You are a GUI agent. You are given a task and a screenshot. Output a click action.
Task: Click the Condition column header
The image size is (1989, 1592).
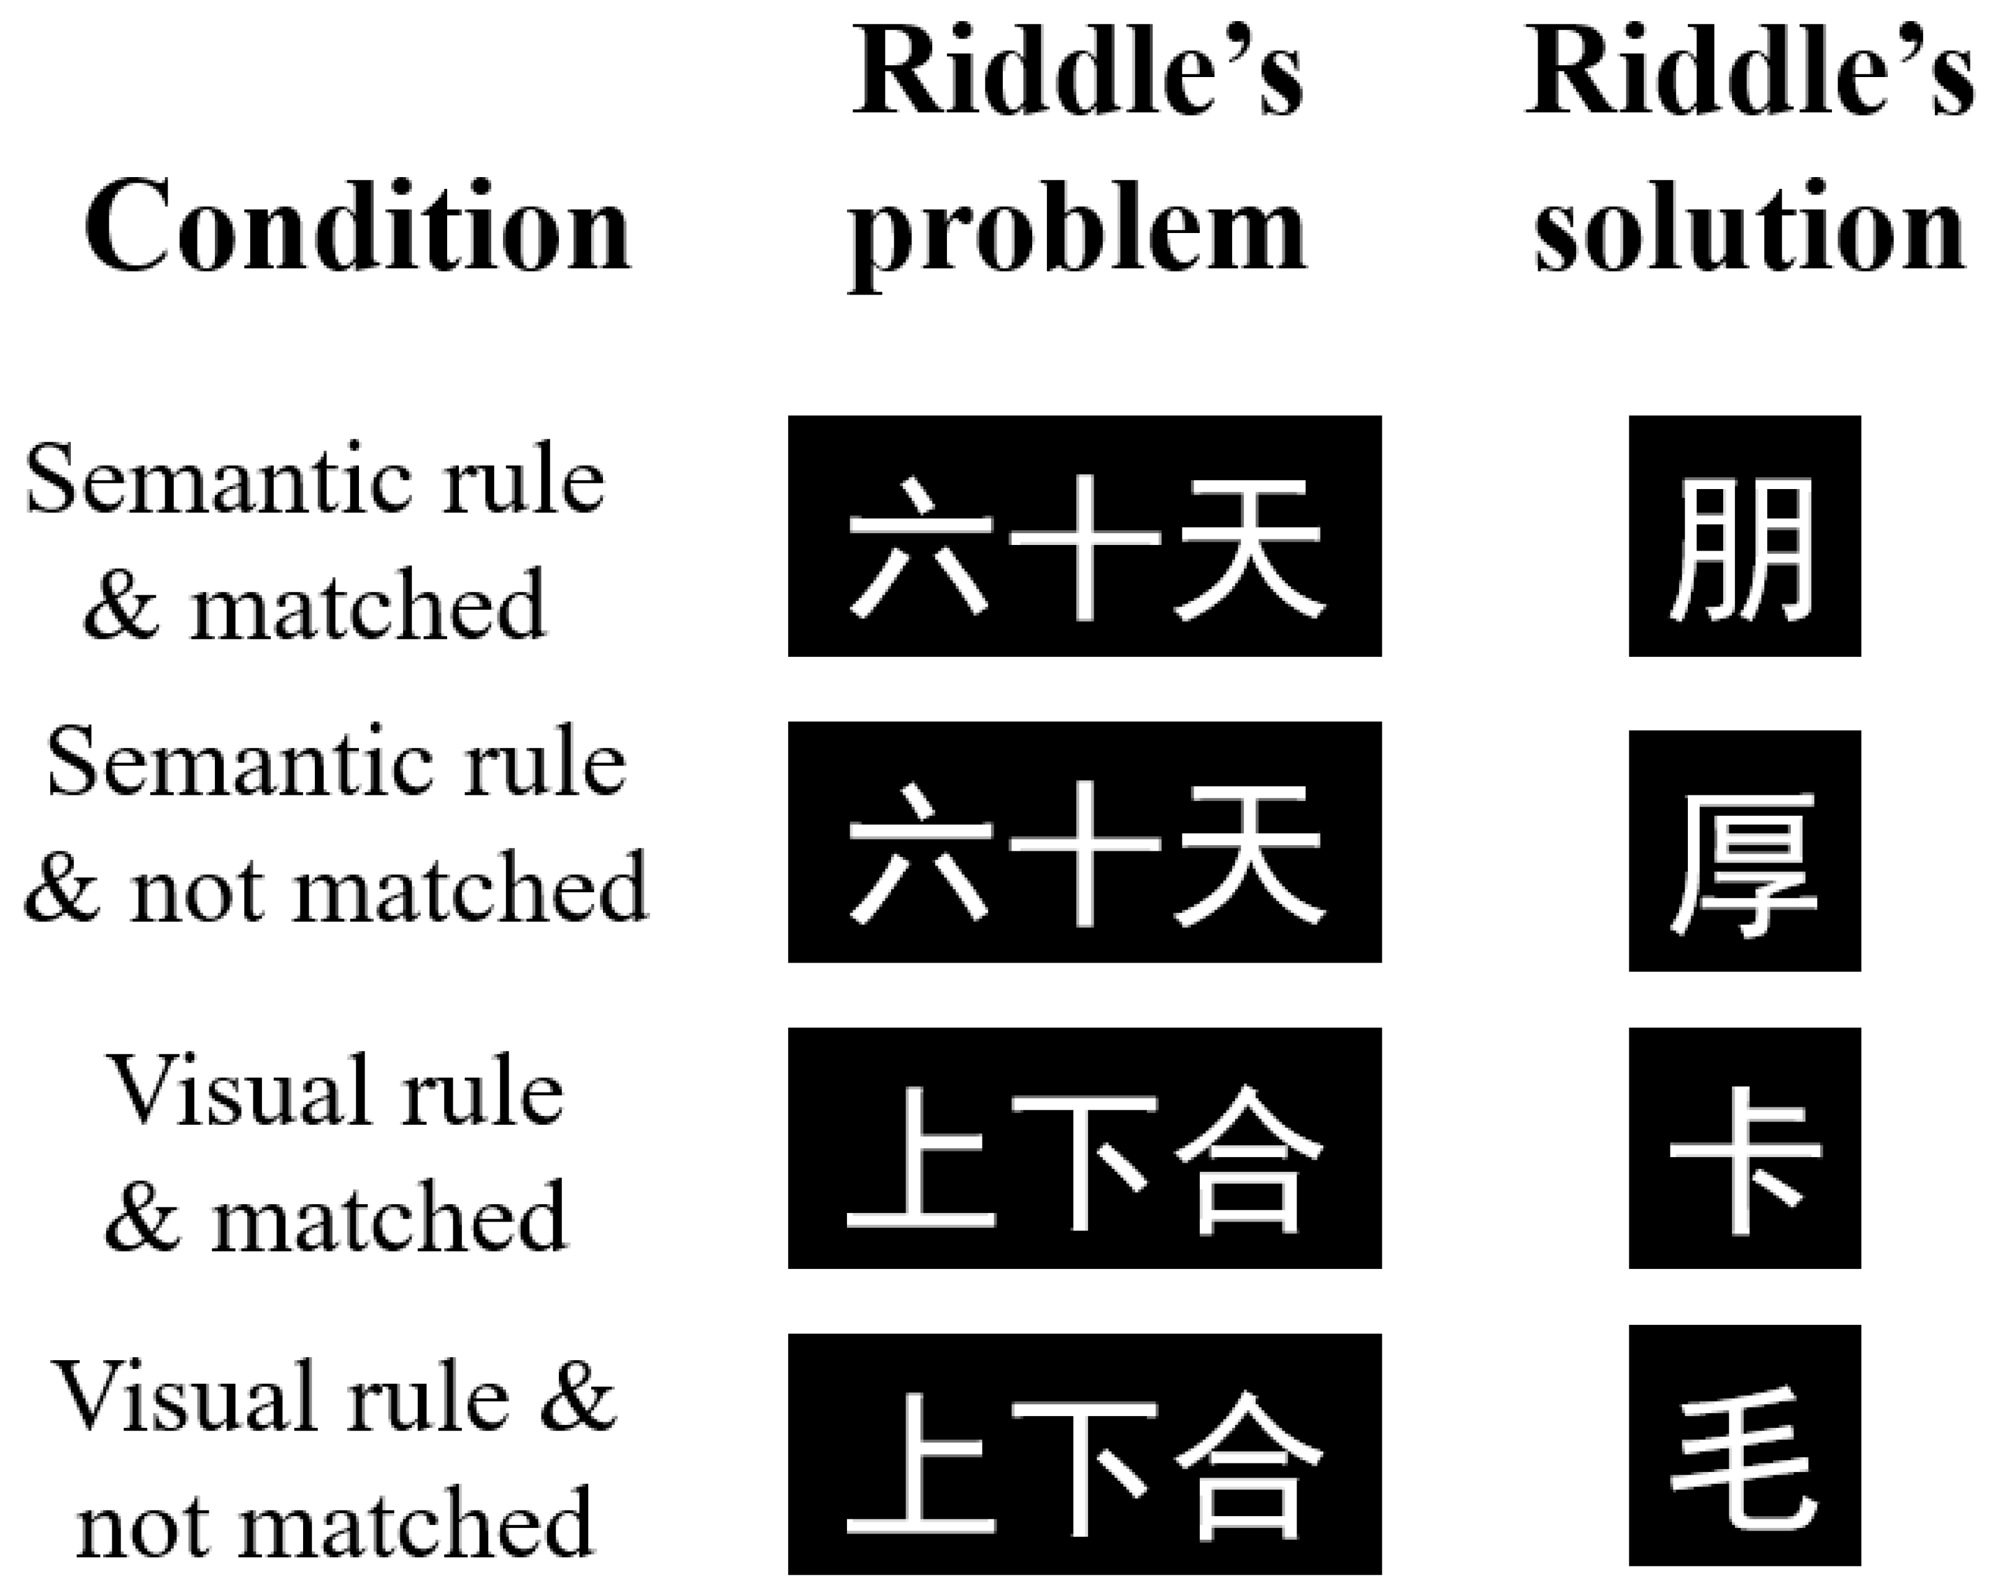pos(358,226)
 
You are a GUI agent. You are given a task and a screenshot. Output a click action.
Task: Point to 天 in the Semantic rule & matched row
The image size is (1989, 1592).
pos(1249,548)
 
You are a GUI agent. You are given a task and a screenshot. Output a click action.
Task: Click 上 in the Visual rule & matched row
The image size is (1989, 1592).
pos(921,1159)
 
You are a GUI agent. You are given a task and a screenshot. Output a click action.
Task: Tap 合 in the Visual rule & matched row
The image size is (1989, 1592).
pos(1249,1159)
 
